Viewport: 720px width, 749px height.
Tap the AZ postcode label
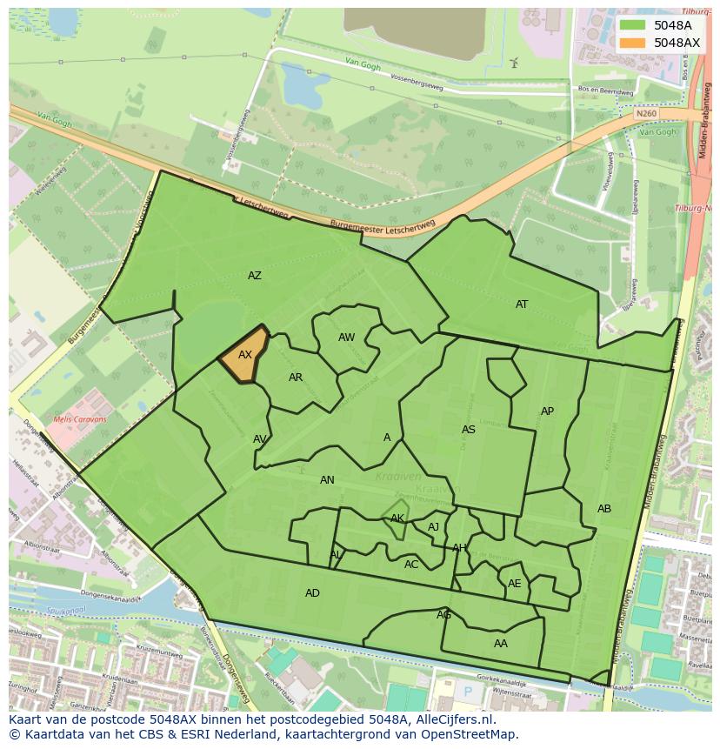pos(255,276)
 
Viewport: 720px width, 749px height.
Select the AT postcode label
pos(522,304)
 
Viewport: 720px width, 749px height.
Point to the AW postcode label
pos(347,338)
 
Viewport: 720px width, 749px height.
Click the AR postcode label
pos(296,378)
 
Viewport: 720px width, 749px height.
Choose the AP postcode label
pos(547,411)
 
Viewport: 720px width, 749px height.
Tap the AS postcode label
pos(469,430)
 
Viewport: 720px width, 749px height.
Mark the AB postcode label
pos(604,509)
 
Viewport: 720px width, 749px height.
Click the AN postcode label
pos(327,480)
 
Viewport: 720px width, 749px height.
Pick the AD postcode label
pos(312,593)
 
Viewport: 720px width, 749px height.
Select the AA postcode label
pos(501,644)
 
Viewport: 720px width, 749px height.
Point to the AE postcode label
pos(515,584)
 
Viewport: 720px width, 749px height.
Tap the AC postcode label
pos(411,565)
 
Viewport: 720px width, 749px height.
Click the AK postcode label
pos(397,518)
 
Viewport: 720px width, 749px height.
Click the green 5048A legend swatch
pos(633,25)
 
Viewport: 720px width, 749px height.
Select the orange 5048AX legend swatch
pos(633,43)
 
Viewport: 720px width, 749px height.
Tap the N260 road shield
pos(645,114)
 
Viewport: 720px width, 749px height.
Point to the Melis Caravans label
pos(80,419)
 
